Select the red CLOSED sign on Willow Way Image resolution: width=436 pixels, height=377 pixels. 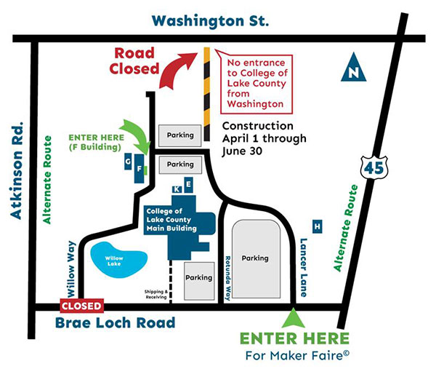pos(82,306)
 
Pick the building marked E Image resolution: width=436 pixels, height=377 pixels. pos(188,186)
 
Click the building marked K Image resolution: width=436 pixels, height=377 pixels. pos(177,190)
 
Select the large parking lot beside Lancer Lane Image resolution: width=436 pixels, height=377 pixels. pos(255,258)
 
